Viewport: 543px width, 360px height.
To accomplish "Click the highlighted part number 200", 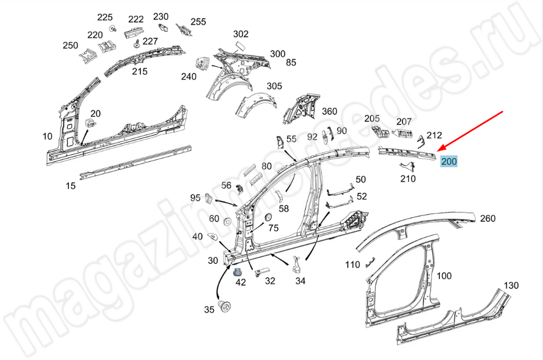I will tap(449, 161).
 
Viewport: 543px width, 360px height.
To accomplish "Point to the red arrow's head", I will tap(439, 149).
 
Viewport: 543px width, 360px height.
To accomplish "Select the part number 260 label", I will tap(488, 218).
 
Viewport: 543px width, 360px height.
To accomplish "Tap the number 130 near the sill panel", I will tap(511, 286).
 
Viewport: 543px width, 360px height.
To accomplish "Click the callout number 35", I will tap(209, 310).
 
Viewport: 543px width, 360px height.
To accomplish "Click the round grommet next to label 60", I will tap(228, 222).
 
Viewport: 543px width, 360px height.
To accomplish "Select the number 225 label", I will tap(105, 17).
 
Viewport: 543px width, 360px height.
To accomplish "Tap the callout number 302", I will tap(241, 34).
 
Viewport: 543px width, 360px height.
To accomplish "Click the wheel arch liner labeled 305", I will tap(254, 103).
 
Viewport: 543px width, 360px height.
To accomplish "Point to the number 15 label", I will tap(71, 186).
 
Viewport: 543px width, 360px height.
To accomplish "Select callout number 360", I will tap(330, 111).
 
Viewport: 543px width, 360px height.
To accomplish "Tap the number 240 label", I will tap(188, 77).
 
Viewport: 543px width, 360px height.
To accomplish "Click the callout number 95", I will tap(195, 197).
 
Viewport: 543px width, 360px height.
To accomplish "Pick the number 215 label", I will tap(140, 71).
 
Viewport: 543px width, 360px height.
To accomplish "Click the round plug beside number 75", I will tap(267, 218).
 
